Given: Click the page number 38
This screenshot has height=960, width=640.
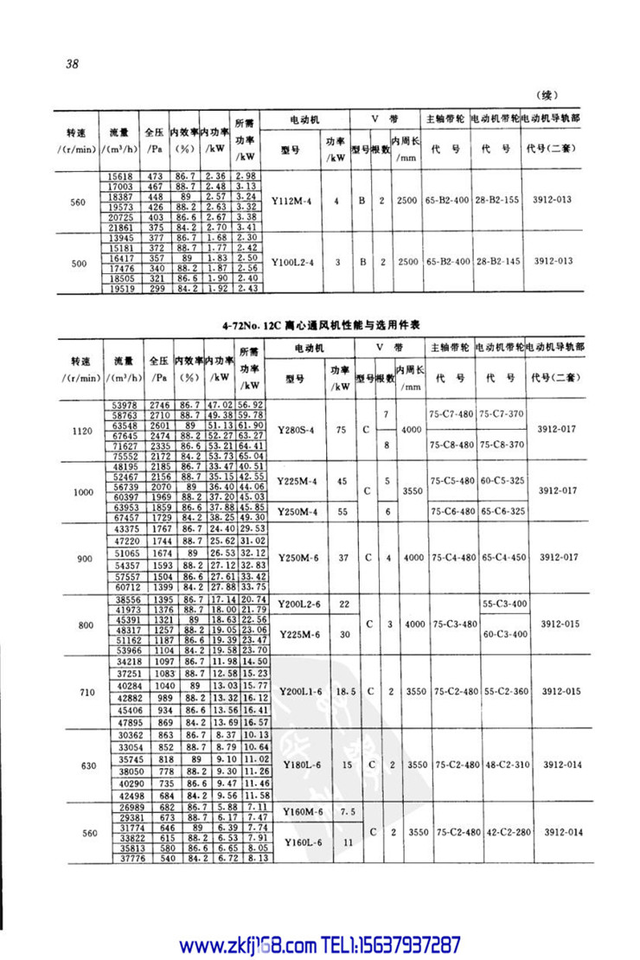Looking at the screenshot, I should point(71,63).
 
